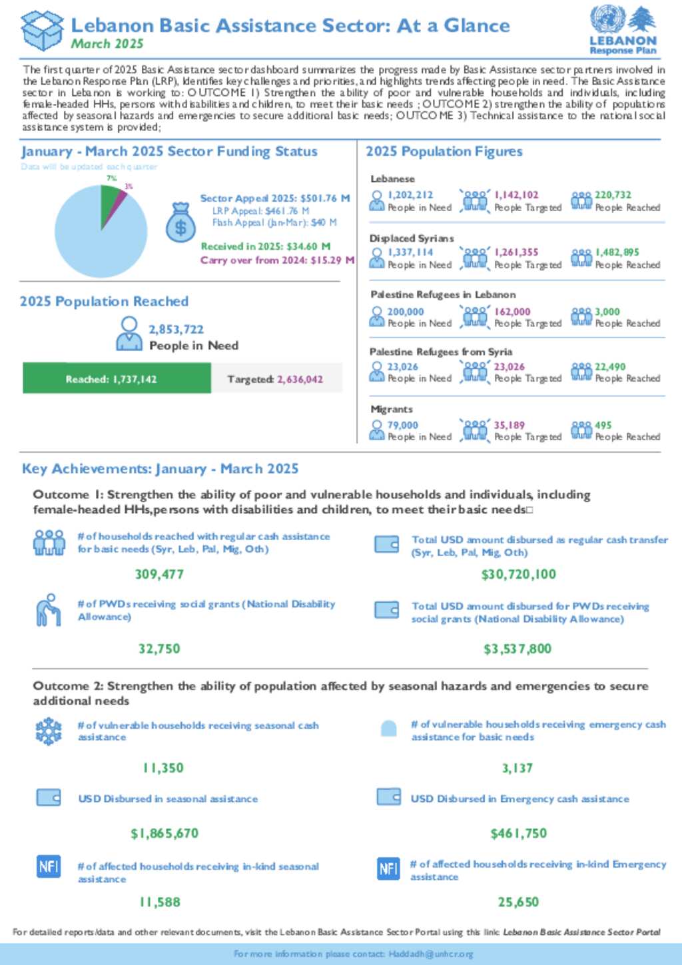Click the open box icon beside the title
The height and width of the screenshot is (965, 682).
[42, 31]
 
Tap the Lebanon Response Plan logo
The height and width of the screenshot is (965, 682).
[623, 30]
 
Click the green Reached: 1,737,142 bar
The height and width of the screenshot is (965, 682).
[117, 378]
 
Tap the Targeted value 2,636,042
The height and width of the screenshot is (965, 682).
[300, 379]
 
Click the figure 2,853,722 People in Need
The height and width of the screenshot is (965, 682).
[176, 329]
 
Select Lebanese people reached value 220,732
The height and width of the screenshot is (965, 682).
[613, 194]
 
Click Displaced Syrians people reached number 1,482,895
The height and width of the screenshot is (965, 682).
[617, 252]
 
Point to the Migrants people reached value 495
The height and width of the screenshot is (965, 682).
[603, 425]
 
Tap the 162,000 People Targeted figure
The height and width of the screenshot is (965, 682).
[512, 311]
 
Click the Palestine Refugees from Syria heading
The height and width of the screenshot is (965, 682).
[441, 352]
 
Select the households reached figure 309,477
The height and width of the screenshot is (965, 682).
[159, 574]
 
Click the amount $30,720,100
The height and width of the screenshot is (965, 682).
[518, 574]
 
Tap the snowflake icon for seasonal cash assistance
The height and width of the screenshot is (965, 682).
[49, 731]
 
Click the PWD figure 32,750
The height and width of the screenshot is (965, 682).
[159, 649]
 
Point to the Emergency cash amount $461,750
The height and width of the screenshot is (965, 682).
[518, 833]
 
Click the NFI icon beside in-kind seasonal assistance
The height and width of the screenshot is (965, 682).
[49, 866]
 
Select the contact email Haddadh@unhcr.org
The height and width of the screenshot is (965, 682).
[430, 954]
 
